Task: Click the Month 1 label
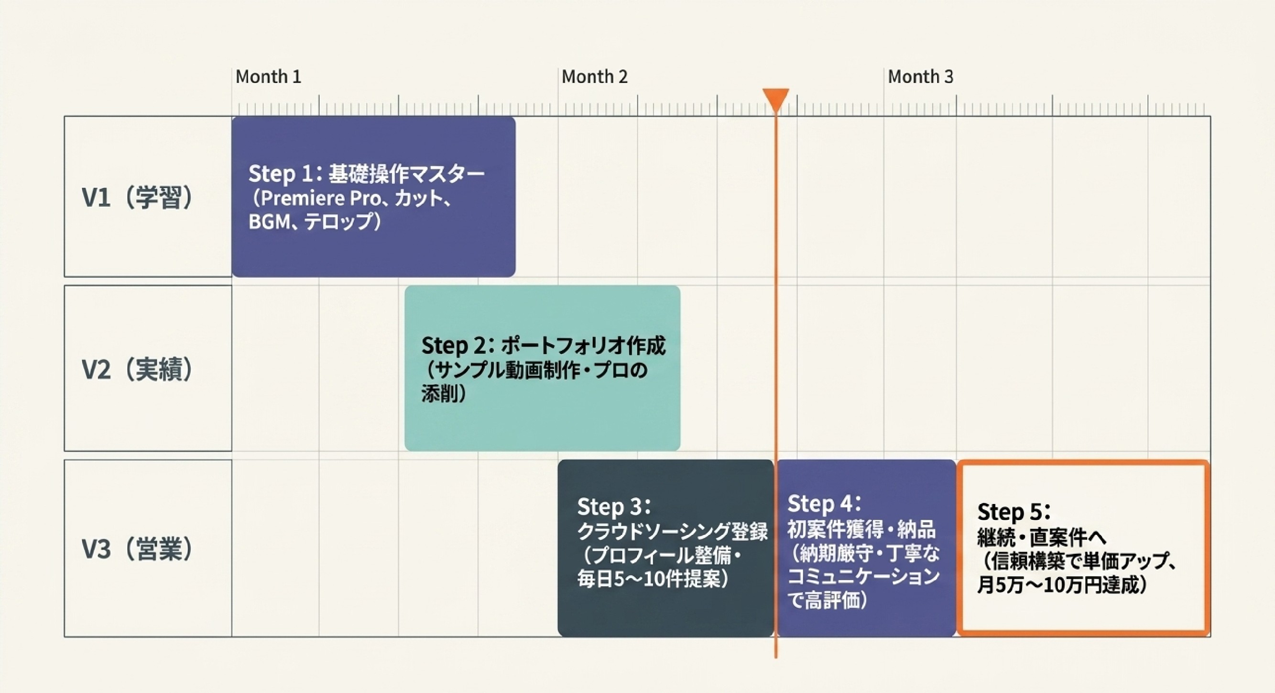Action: tap(268, 77)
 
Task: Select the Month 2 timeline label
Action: tap(594, 77)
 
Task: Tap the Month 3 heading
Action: tap(921, 77)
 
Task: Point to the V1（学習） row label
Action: tap(138, 197)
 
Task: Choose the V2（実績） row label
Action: tap(138, 369)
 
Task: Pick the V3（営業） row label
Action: tap(138, 549)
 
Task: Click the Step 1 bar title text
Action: tap(366, 173)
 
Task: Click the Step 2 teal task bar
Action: tap(543, 368)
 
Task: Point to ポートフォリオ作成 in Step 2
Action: tap(584, 345)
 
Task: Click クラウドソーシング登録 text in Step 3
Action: tap(673, 532)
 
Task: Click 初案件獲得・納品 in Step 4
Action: tap(862, 529)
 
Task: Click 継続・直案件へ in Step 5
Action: tap(1041, 537)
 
